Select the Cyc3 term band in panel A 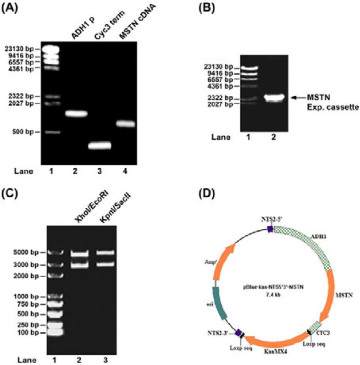(100, 146)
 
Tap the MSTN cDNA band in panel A (125, 124)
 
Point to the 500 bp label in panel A (22, 132)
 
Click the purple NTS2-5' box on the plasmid (271, 228)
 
